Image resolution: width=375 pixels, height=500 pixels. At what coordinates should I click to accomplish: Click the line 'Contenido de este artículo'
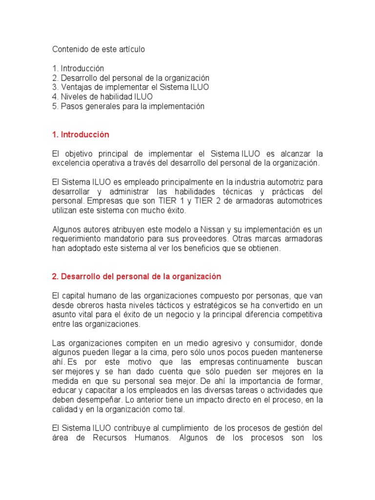99,50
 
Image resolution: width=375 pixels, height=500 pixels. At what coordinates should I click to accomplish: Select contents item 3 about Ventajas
130,87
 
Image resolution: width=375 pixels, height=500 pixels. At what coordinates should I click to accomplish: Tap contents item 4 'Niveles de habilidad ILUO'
102,97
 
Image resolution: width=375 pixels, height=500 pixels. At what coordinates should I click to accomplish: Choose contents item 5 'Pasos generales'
128,106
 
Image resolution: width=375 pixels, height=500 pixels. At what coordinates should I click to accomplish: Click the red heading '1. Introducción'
81,134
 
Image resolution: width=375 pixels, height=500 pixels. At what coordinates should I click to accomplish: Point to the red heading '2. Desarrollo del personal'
136,276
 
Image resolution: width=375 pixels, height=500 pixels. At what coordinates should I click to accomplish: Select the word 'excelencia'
72,163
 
